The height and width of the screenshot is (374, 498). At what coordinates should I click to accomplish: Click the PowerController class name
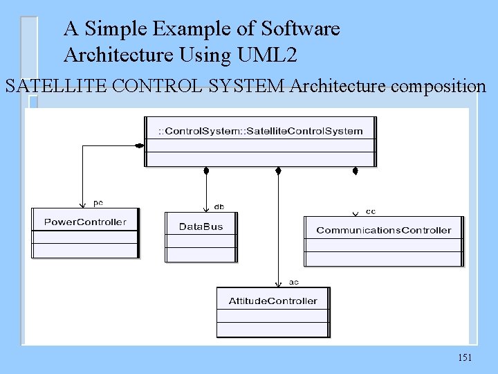(85, 222)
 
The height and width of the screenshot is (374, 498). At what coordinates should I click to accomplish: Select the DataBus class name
(201, 226)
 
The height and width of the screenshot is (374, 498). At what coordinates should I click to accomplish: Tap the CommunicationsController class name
(383, 230)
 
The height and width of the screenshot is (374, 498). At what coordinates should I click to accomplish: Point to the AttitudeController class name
(273, 301)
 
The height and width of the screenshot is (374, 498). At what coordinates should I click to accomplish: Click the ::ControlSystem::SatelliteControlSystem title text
(260, 131)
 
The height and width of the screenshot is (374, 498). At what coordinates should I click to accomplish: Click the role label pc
(98, 203)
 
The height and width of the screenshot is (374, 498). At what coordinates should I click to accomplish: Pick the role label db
(219, 206)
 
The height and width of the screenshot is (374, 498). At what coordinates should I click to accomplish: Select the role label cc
(370, 211)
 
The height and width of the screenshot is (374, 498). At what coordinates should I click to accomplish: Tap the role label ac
(293, 282)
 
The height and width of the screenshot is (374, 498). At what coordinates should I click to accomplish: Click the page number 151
(465, 357)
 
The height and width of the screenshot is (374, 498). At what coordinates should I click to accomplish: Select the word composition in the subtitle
(438, 87)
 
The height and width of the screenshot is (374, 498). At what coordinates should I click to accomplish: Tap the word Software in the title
(301, 29)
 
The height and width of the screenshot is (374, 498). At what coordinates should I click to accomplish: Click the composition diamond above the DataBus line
(205, 171)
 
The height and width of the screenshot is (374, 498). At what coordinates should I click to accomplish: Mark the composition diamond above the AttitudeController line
(278, 171)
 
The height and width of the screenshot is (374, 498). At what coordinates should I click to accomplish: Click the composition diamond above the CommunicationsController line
(355, 171)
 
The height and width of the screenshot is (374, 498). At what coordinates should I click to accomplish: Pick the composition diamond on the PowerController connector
(139, 145)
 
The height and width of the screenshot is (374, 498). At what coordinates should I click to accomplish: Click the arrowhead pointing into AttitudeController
(278, 283)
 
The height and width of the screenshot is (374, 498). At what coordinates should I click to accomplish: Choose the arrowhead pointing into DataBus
(205, 208)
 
